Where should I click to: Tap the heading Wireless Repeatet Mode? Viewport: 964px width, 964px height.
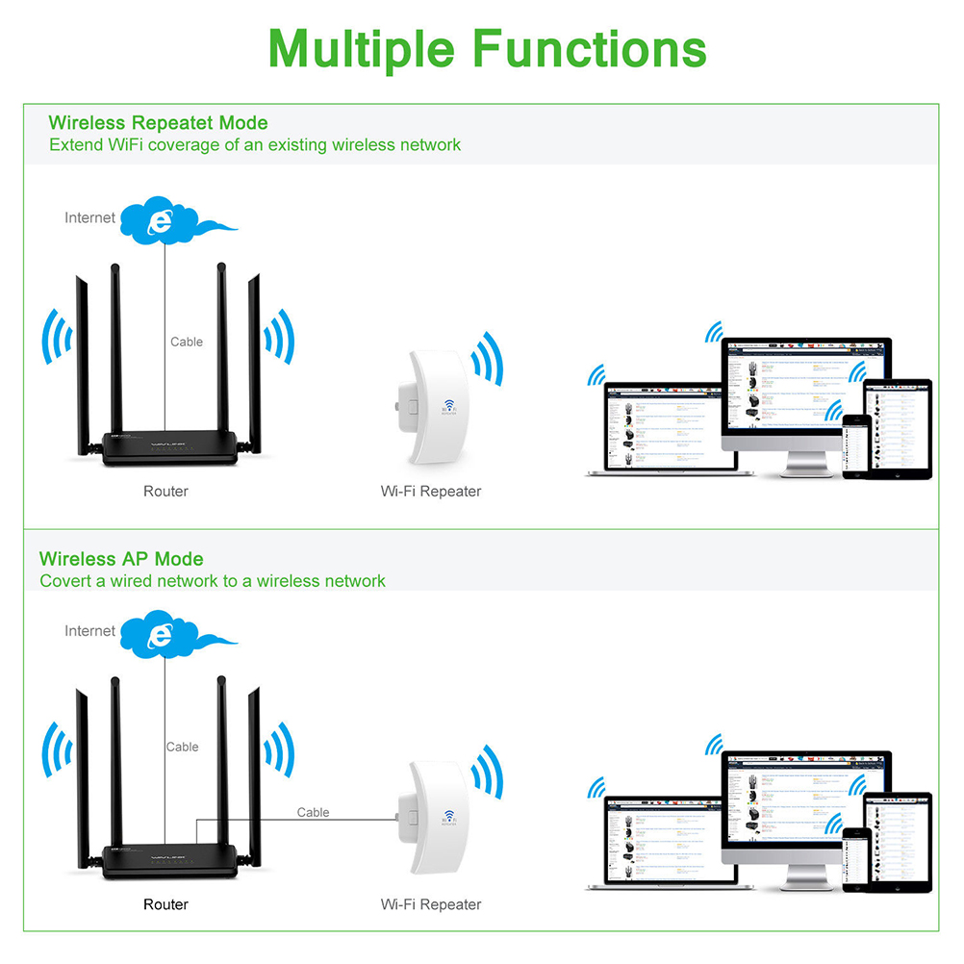pos(158,123)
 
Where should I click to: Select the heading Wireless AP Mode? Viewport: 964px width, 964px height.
pos(121,559)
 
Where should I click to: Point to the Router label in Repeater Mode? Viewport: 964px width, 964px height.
pos(165,492)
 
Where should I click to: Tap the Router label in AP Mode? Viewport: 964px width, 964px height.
pos(165,904)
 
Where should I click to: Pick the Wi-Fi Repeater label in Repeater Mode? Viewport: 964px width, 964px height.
pos(430,492)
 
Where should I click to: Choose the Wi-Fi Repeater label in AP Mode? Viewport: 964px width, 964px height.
pos(430,904)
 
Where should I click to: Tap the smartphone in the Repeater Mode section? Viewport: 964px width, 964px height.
pos(855,445)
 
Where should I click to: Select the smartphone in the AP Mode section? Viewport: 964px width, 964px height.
pos(855,858)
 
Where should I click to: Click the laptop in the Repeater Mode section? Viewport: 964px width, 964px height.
pos(662,428)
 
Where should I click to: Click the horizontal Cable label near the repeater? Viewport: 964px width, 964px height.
pos(313,813)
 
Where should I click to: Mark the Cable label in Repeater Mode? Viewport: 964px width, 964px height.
pos(187,342)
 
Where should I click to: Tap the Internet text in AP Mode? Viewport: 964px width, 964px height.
pos(89,631)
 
